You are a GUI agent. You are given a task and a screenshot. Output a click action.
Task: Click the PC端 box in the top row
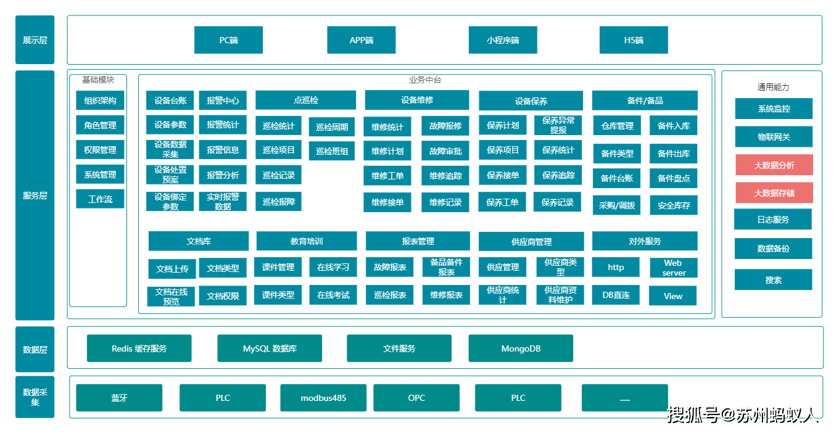[x=228, y=40]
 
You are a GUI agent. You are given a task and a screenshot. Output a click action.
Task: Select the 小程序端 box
[x=503, y=40]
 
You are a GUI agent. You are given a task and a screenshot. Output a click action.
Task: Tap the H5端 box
[x=634, y=40]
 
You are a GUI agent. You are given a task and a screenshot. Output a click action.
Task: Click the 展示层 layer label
[x=35, y=40]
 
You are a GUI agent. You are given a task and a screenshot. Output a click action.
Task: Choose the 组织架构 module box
[x=100, y=101]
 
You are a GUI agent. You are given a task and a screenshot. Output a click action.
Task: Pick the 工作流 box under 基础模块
[x=100, y=199]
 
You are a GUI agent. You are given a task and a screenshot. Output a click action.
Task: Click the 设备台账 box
[x=170, y=101]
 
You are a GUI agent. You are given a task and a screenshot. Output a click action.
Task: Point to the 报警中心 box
[x=223, y=101]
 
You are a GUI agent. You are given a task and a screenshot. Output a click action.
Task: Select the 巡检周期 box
[x=332, y=127]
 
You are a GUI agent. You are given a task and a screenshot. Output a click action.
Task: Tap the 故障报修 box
[x=445, y=126]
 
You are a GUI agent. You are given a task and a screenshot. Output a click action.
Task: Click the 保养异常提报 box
[x=558, y=125]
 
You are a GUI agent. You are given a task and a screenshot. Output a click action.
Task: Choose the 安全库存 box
[x=674, y=205]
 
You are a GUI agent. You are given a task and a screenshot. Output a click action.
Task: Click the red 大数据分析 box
[x=774, y=165]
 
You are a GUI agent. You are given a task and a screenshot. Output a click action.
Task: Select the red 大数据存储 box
[x=774, y=193]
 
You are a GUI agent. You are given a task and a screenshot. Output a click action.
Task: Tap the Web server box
[x=674, y=268]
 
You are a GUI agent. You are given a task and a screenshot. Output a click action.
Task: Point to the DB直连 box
[x=616, y=295]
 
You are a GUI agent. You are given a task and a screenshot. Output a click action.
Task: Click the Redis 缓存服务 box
[x=139, y=348]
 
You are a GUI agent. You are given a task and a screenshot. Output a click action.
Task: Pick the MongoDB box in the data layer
[x=521, y=348]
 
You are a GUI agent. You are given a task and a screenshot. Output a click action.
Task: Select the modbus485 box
[x=323, y=398]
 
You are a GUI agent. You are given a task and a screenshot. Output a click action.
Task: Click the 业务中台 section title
[x=425, y=80]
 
